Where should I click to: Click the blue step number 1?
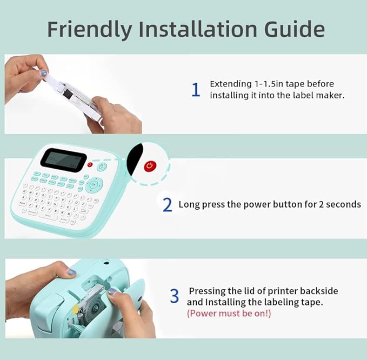(x=196, y=90)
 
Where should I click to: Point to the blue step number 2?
(x=168, y=205)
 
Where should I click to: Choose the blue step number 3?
(x=174, y=296)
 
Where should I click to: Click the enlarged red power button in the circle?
(x=150, y=166)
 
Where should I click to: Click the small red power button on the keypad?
(x=90, y=164)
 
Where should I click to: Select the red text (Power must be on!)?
(x=229, y=313)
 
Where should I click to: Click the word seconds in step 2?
(x=342, y=204)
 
